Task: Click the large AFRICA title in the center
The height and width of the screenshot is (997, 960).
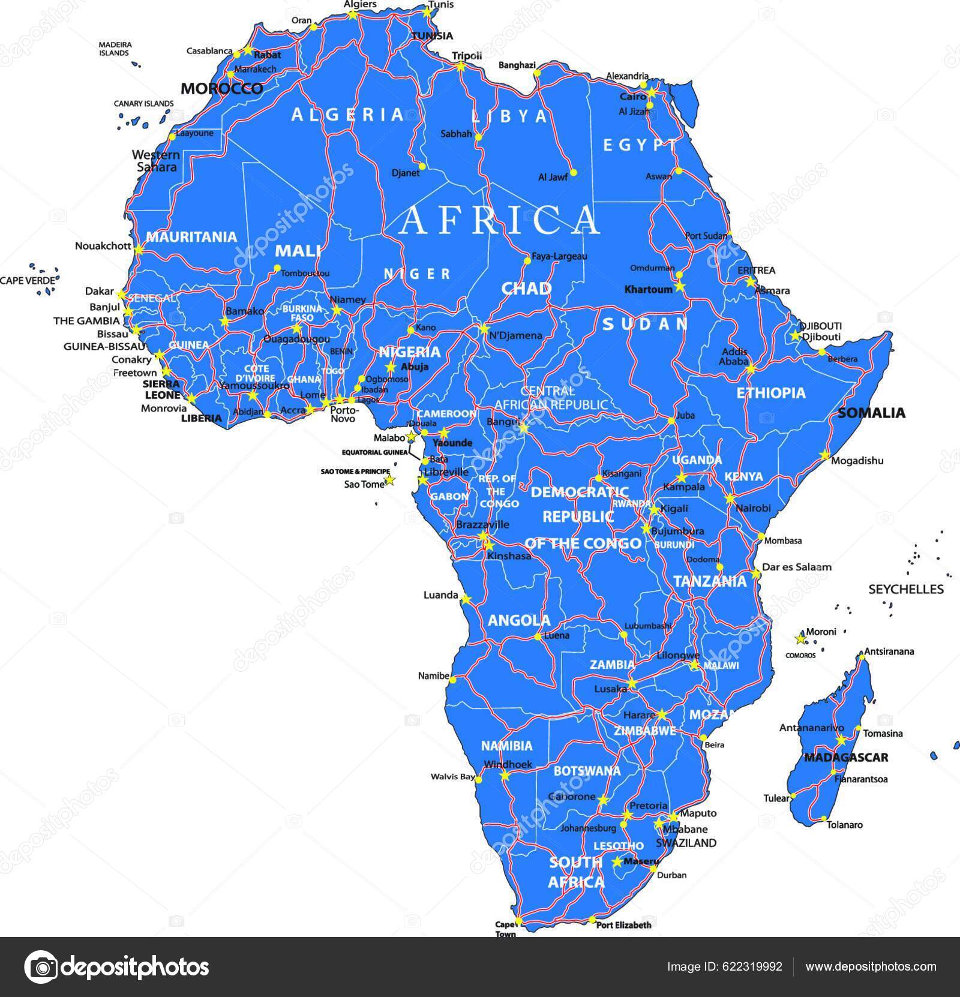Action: click(x=499, y=220)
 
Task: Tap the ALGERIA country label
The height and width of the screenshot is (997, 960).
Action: click(x=348, y=115)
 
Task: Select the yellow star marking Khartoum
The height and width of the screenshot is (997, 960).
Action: click(x=679, y=286)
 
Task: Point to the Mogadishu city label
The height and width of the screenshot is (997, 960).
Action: click(x=857, y=461)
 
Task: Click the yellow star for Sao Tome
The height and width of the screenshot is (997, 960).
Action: click(x=389, y=480)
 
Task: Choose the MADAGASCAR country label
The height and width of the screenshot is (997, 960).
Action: click(x=845, y=757)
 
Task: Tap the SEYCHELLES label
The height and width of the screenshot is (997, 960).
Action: click(x=906, y=589)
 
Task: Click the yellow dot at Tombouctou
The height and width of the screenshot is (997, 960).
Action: click(x=277, y=268)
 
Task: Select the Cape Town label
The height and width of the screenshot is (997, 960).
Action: click(x=505, y=929)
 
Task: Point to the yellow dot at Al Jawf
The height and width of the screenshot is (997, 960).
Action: click(x=573, y=172)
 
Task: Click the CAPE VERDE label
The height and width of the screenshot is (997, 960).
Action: click(x=29, y=280)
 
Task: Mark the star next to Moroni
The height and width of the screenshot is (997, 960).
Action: click(x=799, y=638)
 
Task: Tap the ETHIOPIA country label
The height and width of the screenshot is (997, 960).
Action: click(x=770, y=393)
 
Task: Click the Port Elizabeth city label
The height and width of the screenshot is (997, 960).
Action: click(x=623, y=924)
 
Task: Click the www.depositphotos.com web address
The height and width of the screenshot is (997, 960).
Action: click(x=871, y=966)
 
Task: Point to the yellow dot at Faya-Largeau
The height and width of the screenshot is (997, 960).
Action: click(x=527, y=260)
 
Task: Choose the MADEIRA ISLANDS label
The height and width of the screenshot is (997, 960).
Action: click(x=115, y=49)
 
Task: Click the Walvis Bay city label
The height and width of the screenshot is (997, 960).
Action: click(x=452, y=777)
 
